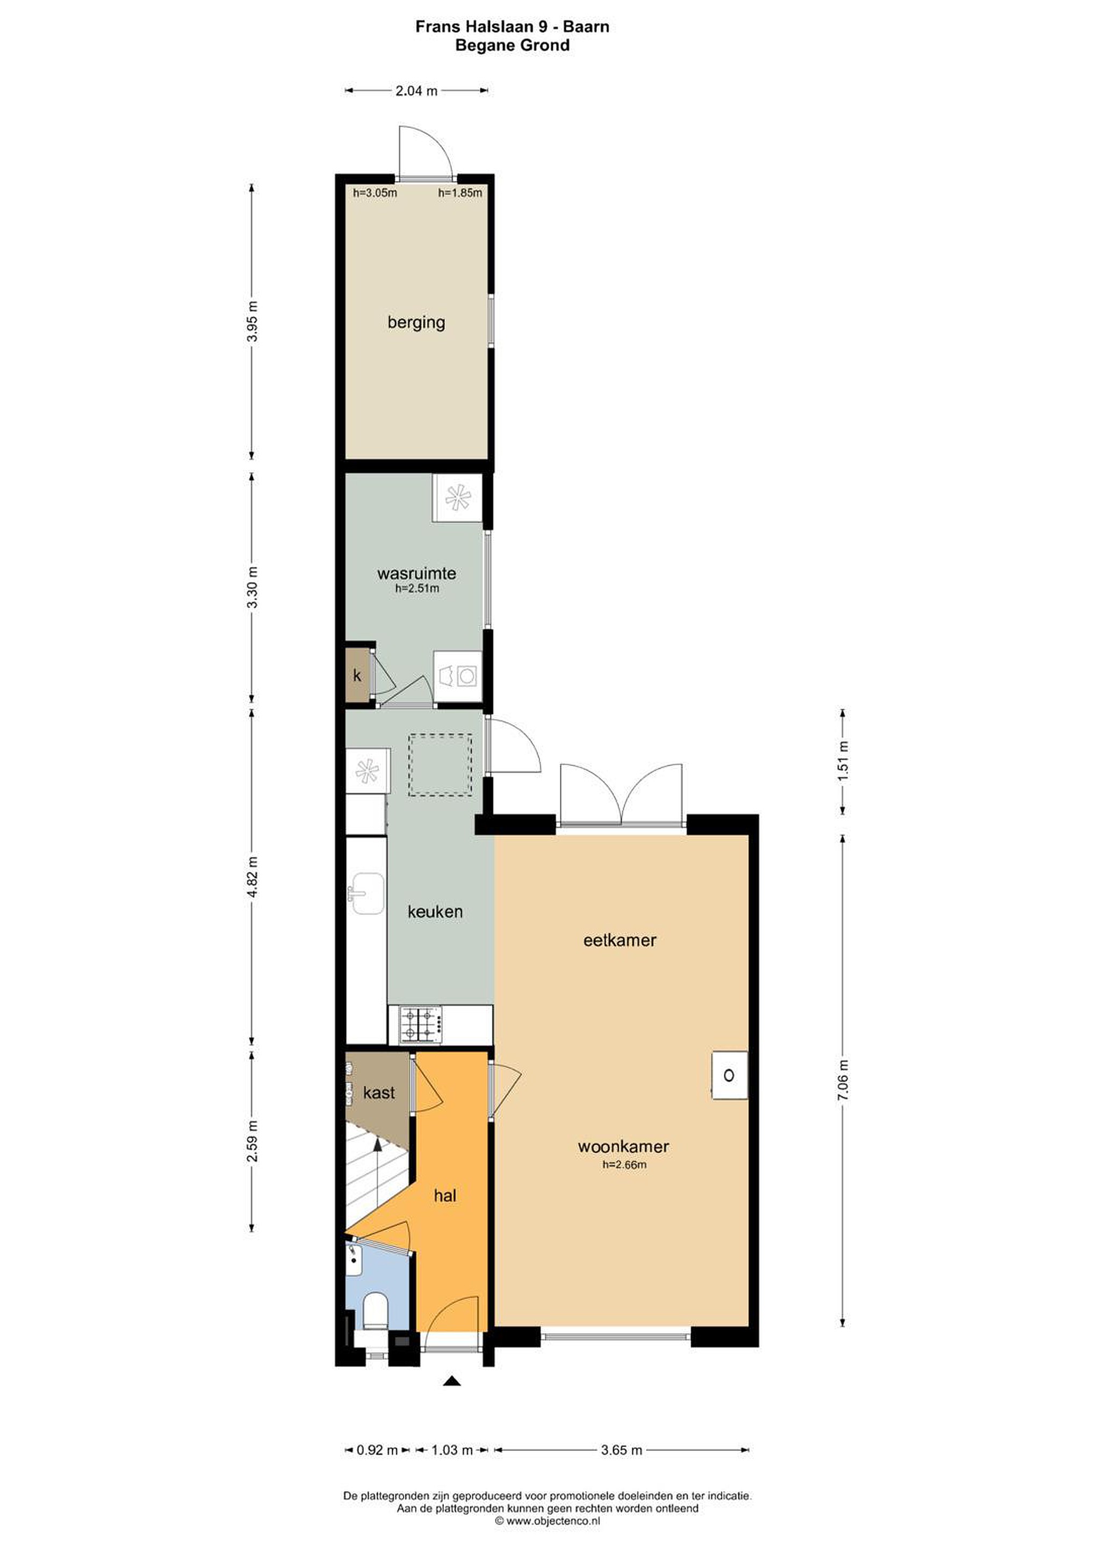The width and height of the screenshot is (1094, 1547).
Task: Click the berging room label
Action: click(x=416, y=322)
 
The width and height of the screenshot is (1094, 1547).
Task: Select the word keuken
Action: click(x=435, y=912)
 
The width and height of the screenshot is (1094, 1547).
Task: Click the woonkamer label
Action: click(x=623, y=1146)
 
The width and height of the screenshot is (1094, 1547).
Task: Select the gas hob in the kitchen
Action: click(x=421, y=1025)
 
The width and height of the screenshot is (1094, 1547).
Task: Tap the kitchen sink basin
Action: click(x=368, y=893)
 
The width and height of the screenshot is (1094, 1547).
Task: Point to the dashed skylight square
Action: click(x=440, y=765)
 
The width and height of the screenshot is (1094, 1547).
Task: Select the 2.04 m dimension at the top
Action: click(x=416, y=90)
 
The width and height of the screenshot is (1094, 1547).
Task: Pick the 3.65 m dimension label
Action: click(x=622, y=1450)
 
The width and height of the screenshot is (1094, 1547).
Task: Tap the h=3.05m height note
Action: click(x=375, y=193)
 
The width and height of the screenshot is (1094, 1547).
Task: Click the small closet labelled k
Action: click(x=357, y=675)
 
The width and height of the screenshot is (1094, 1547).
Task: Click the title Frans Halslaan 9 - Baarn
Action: click(x=512, y=27)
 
